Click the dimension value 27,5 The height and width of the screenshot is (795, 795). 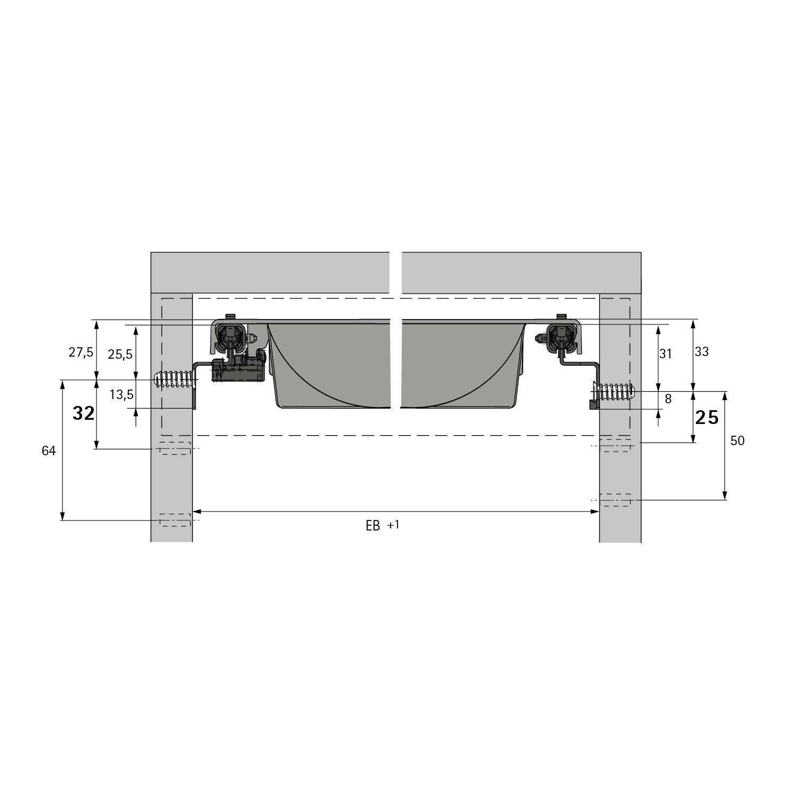(81, 352)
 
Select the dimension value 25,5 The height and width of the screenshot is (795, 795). (120, 355)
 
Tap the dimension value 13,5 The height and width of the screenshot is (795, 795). (122, 394)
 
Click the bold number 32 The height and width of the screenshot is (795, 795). (83, 413)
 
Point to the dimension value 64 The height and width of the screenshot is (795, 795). (49, 451)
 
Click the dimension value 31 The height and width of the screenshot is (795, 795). (665, 354)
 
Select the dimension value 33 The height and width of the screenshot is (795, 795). (701, 351)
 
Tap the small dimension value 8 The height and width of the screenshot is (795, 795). (668, 399)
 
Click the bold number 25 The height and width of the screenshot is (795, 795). (706, 418)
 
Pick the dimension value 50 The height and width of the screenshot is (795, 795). (737, 440)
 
